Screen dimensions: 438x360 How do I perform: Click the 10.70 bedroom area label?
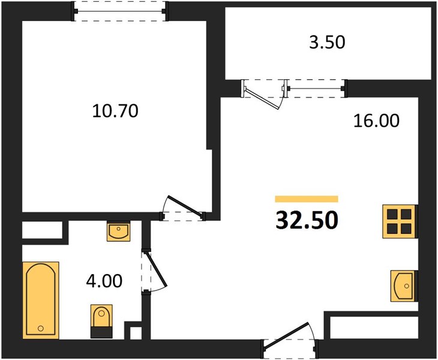coord(115,110)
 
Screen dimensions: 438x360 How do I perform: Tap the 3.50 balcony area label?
coord(327,42)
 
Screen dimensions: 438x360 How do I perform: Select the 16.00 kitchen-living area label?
coord(376,121)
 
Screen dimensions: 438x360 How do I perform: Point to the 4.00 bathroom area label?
coord(104,281)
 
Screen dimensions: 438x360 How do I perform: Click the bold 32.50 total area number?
coord(307,220)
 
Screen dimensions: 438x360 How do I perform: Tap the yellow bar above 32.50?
coord(307,199)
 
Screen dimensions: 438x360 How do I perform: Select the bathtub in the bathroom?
coord(41,300)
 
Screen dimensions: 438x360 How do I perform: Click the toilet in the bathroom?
coord(101,321)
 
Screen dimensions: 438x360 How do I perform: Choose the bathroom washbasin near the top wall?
coord(118,231)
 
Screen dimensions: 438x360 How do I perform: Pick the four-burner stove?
coord(399,221)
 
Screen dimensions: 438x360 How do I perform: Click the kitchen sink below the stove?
coord(404,286)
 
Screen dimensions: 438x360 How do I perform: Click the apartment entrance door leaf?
coord(287,335)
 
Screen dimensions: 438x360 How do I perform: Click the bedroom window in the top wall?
coord(120,11)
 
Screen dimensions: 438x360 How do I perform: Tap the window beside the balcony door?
coord(316,89)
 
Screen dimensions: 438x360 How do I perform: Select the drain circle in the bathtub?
coord(41,328)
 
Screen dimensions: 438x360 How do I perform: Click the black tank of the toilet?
coord(101,332)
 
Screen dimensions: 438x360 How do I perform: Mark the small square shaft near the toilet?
coord(136,333)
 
